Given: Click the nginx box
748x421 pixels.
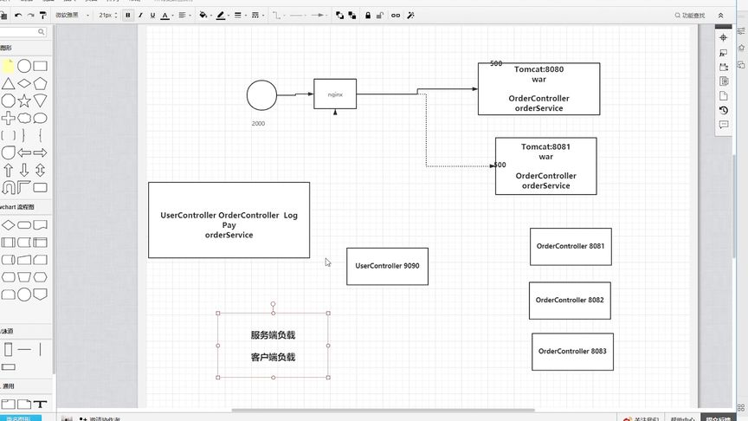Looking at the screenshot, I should point(334,93).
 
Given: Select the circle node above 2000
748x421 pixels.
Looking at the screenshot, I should point(261,95).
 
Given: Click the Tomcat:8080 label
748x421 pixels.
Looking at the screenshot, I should point(538,68).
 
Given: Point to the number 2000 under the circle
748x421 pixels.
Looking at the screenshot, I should point(258,124).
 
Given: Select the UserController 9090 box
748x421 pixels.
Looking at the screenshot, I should point(387,266).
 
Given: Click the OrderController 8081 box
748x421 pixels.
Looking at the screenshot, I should point(571,246).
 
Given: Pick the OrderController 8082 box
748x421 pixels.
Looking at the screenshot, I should point(570,300).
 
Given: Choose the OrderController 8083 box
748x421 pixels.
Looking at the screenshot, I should point(572,351).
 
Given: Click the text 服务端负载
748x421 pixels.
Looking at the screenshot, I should point(273,335).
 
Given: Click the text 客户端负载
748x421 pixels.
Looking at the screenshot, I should point(273,357).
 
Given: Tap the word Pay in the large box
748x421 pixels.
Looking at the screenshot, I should point(229,225).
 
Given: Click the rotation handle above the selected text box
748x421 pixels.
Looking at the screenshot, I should point(274,304).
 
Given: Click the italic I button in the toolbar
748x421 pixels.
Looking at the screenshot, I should point(141,15).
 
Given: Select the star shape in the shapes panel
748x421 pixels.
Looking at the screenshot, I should point(24,100).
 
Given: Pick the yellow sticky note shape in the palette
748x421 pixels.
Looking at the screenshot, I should point(8,66).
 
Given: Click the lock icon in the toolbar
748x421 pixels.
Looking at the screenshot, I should point(367,15).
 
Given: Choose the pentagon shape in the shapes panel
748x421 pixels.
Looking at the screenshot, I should point(24,83).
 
